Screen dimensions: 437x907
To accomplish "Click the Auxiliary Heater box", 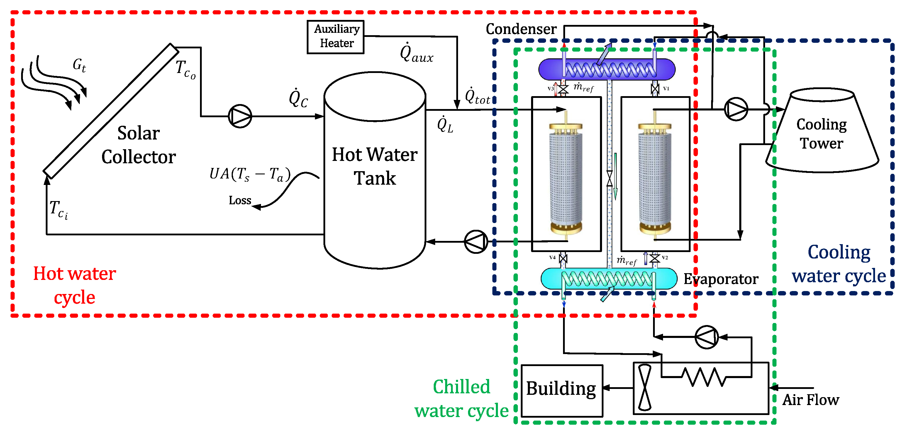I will pos(335,37).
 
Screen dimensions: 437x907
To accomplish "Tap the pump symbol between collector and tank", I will pos(240,116).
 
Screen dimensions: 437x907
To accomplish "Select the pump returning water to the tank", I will pos(476,242).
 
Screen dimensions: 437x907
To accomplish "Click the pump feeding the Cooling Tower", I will pos(735,109).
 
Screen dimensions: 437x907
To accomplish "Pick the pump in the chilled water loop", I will pos(706,337).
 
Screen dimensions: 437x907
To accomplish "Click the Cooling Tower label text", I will pos(821,134).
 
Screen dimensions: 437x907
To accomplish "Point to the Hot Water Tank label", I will pos(375,166).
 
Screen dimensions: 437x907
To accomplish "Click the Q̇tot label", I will pos(477,96).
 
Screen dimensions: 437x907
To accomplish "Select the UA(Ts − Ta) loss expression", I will pos(250,174).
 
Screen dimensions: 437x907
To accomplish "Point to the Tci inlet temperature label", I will pos(58,210).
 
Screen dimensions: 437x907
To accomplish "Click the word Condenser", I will pos(521,29).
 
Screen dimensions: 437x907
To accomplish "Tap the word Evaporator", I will pos(721,279).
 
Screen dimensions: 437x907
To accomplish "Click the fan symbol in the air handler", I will pos(645,388).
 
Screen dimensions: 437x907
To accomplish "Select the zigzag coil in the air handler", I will pos(703,377).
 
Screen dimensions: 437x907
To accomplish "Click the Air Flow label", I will pos(811,400).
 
